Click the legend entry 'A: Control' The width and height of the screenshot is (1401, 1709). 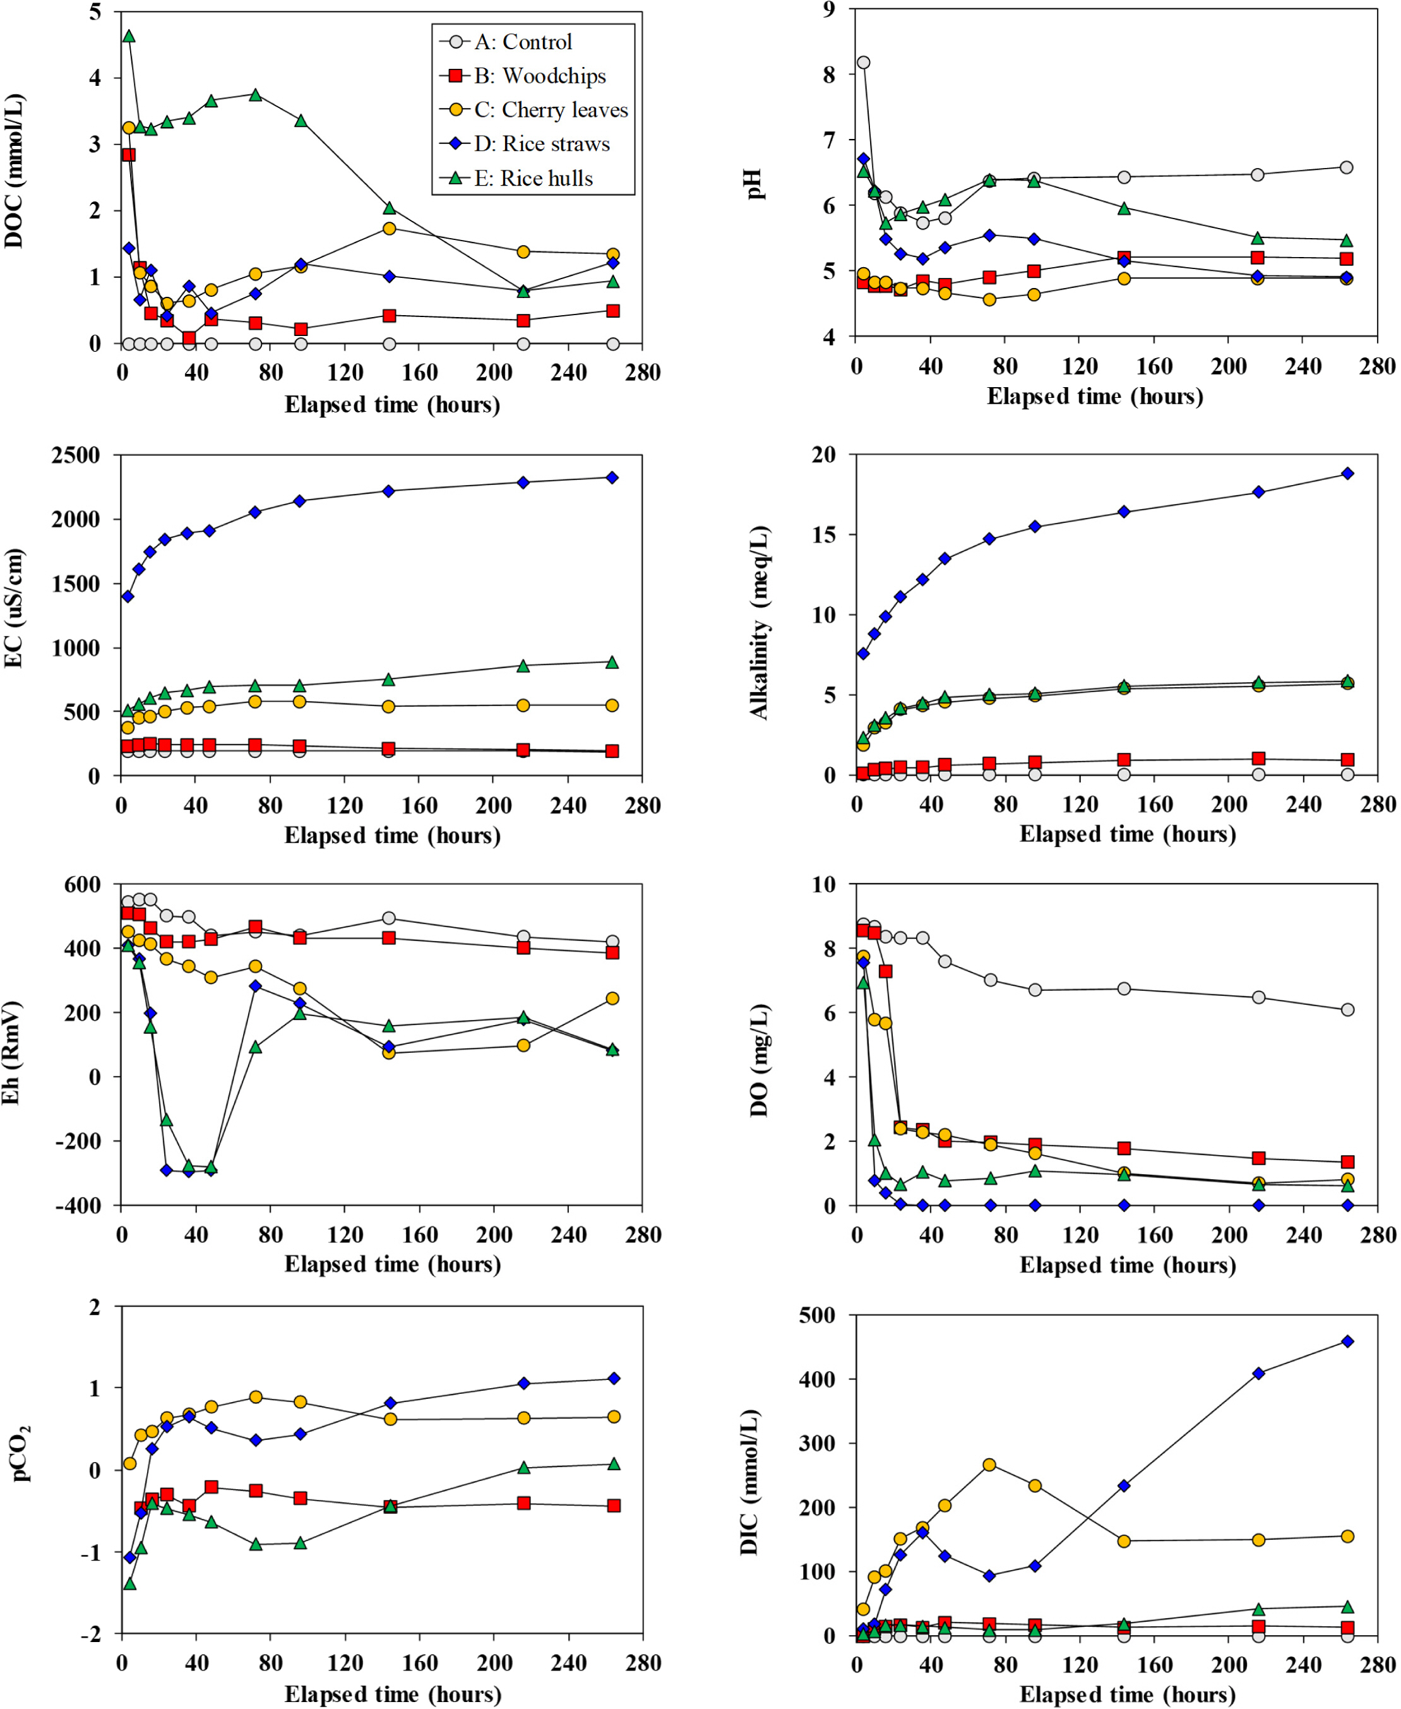[x=522, y=42]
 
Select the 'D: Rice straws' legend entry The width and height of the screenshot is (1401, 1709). [x=542, y=144]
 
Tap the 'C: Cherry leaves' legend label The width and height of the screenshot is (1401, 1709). [x=551, y=110]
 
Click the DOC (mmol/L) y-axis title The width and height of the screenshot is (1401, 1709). [x=15, y=171]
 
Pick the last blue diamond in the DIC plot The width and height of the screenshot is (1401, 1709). [x=1347, y=1341]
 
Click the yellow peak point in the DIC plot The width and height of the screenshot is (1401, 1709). [x=989, y=1465]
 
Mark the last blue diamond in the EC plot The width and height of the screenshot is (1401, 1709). [x=612, y=478]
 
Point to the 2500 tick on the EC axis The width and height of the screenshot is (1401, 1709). [x=76, y=455]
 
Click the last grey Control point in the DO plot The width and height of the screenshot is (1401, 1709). [x=1347, y=1010]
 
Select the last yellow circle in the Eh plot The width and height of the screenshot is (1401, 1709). [x=612, y=998]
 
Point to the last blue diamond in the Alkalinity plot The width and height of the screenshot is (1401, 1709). [x=1347, y=474]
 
